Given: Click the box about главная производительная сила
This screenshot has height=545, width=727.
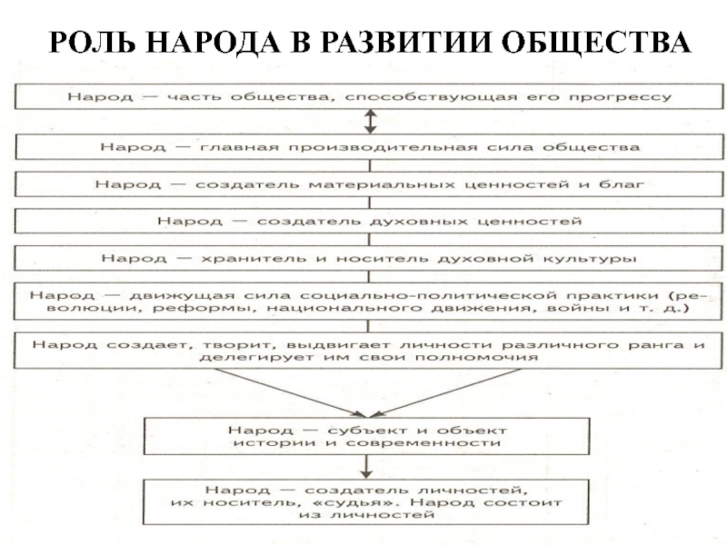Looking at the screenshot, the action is (369, 146).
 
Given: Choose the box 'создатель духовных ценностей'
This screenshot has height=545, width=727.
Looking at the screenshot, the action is (369, 221).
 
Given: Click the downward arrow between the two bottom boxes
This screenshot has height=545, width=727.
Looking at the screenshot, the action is (366, 465).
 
